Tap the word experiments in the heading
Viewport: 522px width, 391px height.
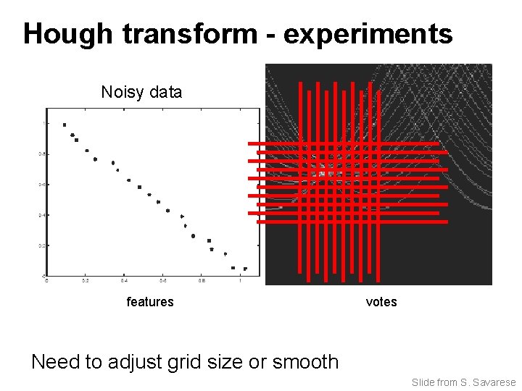[368, 34]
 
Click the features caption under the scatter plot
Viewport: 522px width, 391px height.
[150, 302]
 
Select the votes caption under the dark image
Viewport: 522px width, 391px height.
[381, 302]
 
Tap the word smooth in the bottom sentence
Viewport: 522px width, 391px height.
[305, 361]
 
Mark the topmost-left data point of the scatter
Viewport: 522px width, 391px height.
[65, 125]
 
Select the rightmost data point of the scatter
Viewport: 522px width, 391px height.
[245, 269]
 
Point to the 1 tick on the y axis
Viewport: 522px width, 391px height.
[42, 123]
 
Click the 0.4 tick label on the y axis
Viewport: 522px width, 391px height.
[41, 215]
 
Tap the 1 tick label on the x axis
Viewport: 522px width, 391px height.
[240, 281]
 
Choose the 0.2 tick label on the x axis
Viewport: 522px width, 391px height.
[85, 281]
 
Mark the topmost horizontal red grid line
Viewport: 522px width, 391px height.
[348, 143]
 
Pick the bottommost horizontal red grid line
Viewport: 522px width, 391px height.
[348, 213]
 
